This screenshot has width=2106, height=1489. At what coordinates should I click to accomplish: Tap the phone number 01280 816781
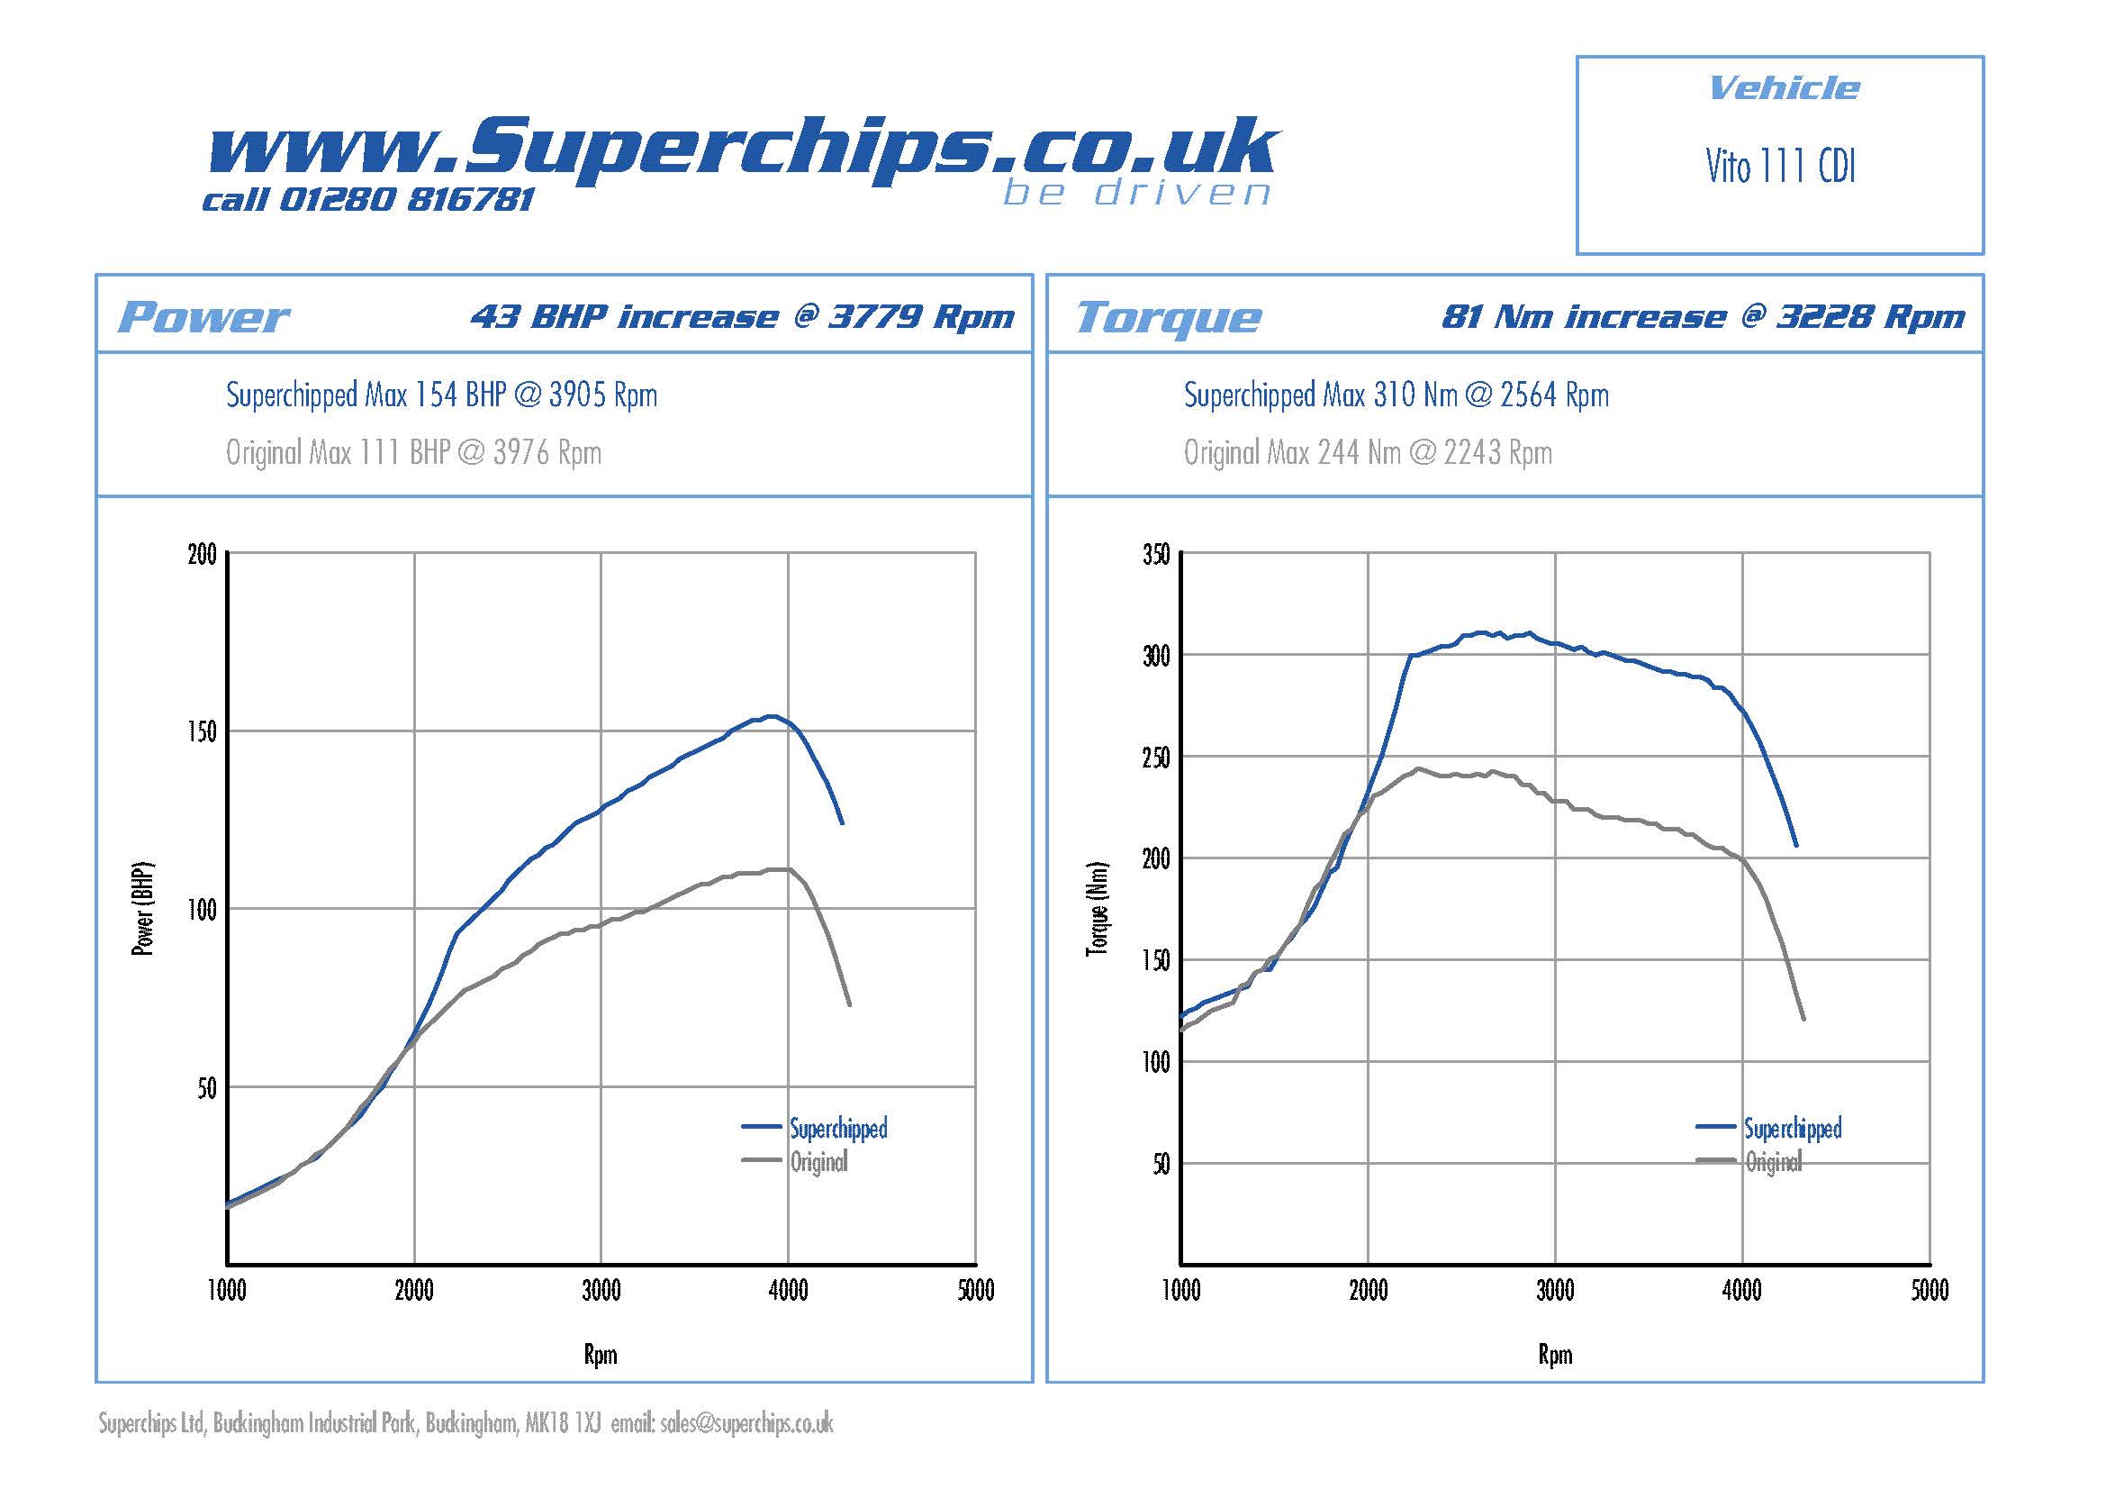(405, 199)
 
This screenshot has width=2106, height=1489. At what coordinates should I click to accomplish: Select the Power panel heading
(203, 317)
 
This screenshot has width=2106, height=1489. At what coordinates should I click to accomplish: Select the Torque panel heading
(1168, 317)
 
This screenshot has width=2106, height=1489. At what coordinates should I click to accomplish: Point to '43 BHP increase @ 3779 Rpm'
(742, 316)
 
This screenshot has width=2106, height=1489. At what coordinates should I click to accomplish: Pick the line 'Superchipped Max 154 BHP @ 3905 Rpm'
(441, 395)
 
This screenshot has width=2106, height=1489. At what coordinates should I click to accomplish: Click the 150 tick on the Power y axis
(202, 732)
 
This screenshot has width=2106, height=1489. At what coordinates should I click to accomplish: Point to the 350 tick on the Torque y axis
(1156, 555)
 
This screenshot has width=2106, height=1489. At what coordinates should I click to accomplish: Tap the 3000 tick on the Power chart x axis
(601, 1292)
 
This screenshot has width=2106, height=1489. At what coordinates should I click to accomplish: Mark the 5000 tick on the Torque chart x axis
(1929, 1292)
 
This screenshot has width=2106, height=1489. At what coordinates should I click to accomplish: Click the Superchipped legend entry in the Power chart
(837, 1129)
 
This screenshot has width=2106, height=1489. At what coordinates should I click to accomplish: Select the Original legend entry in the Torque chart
(1772, 1162)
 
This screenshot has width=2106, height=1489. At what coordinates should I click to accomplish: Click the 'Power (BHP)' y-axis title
(143, 908)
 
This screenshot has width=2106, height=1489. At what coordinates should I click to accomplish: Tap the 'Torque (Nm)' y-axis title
(1097, 908)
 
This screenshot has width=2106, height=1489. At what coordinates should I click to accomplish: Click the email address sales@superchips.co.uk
(746, 1424)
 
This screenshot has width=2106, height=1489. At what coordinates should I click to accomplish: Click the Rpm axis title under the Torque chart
(1555, 1355)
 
